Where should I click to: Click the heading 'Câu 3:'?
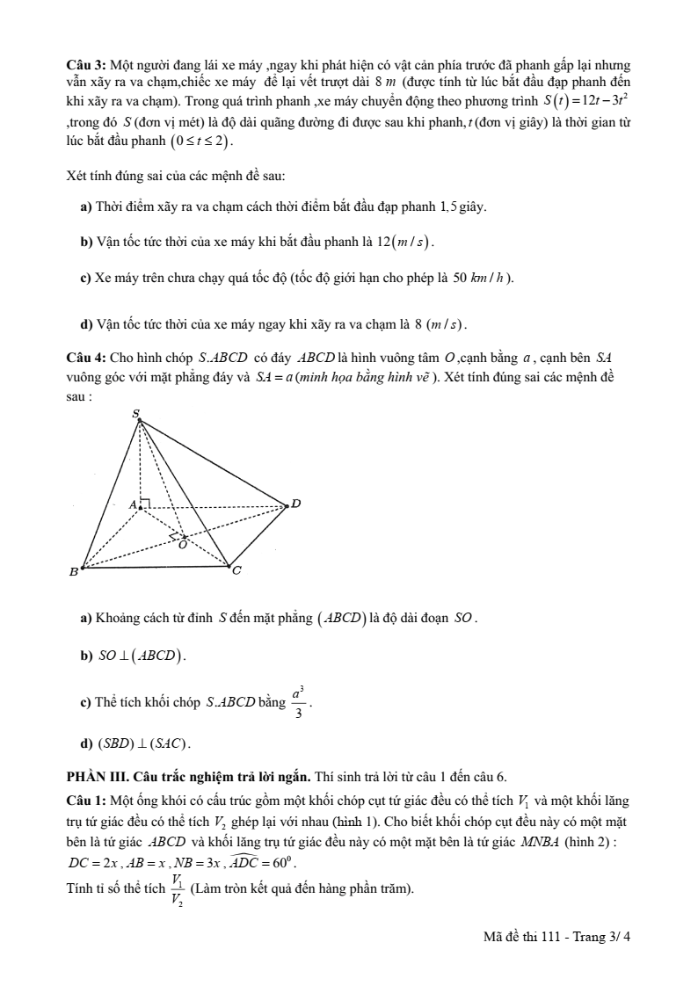tap(86, 67)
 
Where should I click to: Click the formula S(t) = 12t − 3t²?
tap(585, 100)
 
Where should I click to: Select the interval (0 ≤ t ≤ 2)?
tap(204, 141)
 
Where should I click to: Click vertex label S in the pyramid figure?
tap(135, 412)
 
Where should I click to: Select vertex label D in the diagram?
tap(296, 504)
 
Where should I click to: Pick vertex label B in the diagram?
tap(74, 572)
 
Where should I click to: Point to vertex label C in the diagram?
tap(236, 571)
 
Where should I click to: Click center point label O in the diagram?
tap(183, 544)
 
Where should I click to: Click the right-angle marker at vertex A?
tap(145, 503)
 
